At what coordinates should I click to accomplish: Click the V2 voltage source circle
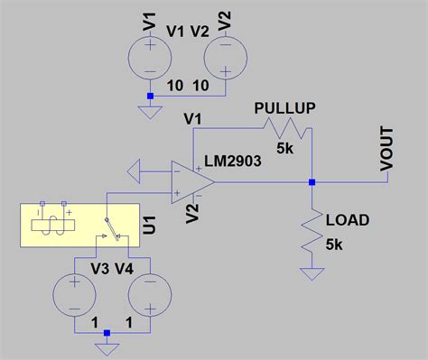pyautogui.click(x=225, y=61)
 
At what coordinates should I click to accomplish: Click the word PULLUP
pyautogui.click(x=285, y=107)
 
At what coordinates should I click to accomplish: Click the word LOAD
pyautogui.click(x=346, y=220)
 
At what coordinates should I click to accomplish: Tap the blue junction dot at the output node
pyautogui.click(x=312, y=182)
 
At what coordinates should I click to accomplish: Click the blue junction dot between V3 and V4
pyautogui.click(x=107, y=333)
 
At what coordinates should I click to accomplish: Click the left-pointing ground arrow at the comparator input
pyautogui.click(x=139, y=169)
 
